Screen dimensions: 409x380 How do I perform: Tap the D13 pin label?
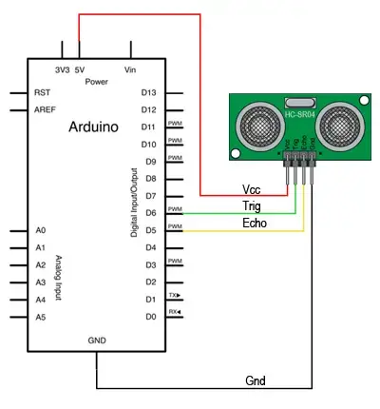[x=148, y=92]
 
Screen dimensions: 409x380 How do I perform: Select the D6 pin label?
[x=148, y=212]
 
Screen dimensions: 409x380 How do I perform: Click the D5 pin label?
[x=148, y=229]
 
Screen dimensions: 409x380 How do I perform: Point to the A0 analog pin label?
[x=40, y=230]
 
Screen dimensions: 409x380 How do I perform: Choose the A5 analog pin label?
[x=40, y=317]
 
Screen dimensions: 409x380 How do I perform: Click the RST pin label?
[x=42, y=93]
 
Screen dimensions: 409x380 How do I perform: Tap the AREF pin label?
[x=45, y=109]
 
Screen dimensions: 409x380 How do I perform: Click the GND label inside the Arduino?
[x=97, y=340]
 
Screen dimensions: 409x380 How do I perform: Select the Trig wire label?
[x=253, y=205]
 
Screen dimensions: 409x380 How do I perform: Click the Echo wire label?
[x=255, y=223]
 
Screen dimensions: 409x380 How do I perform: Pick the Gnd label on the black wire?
[x=255, y=380]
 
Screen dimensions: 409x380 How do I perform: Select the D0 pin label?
[x=148, y=316]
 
